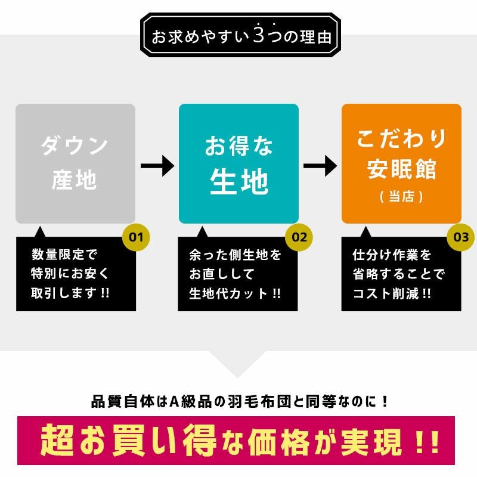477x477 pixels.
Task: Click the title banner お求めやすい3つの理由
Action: point(240,35)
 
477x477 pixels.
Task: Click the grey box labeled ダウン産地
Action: point(76,163)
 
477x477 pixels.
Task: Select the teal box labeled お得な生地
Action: point(238,163)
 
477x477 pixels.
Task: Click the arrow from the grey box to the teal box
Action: point(157,166)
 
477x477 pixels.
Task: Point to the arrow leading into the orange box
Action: point(320,166)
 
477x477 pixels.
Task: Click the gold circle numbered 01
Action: point(136,237)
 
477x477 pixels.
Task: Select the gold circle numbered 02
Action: point(299,237)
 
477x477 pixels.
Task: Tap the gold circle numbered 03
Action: point(460,237)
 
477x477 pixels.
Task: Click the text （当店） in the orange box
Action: point(401,197)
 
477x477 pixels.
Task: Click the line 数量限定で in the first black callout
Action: point(64,255)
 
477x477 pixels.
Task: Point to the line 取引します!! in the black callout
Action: point(70,293)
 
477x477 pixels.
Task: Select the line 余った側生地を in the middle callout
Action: point(235,255)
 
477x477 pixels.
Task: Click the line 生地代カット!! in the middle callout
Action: point(235,293)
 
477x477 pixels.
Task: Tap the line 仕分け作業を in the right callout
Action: point(392,255)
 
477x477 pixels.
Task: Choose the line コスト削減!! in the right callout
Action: point(392,293)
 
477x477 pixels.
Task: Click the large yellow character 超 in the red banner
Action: point(57,440)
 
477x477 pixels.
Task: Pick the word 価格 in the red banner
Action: point(278,441)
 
